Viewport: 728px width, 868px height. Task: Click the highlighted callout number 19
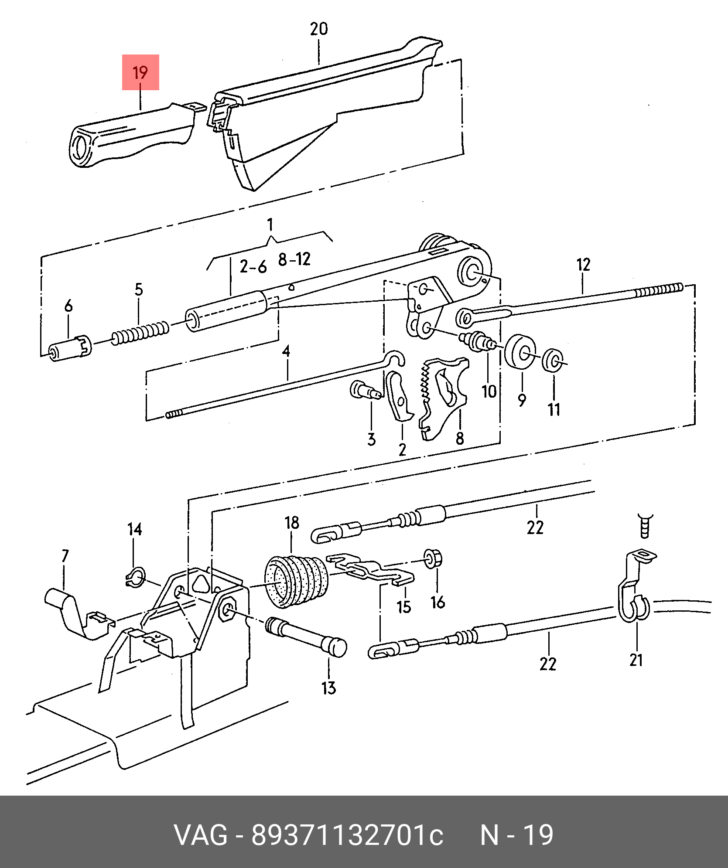point(140,72)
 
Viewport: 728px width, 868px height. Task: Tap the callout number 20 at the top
point(319,29)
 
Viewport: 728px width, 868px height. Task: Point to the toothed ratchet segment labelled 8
point(443,398)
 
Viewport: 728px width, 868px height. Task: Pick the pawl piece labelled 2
point(398,395)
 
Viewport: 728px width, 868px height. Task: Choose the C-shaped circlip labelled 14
point(135,578)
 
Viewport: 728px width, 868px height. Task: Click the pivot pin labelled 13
point(306,637)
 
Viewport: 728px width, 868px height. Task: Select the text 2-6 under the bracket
point(253,266)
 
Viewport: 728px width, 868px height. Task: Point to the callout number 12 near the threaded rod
point(583,265)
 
